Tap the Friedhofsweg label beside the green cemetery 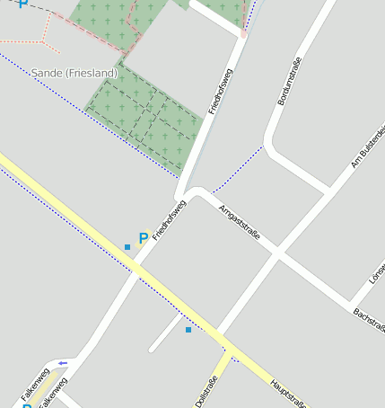[220, 91]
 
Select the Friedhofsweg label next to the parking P [169, 220]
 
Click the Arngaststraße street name [240, 222]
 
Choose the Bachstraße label [370, 320]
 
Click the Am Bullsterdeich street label [368, 148]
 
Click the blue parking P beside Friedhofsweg [143, 239]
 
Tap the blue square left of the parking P [127, 246]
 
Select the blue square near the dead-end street [188, 330]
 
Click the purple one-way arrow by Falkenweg [62, 363]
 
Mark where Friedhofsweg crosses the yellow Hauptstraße [137, 266]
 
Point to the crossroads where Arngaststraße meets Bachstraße [278, 254]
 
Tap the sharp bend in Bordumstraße [268, 144]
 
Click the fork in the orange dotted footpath [43, 41]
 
